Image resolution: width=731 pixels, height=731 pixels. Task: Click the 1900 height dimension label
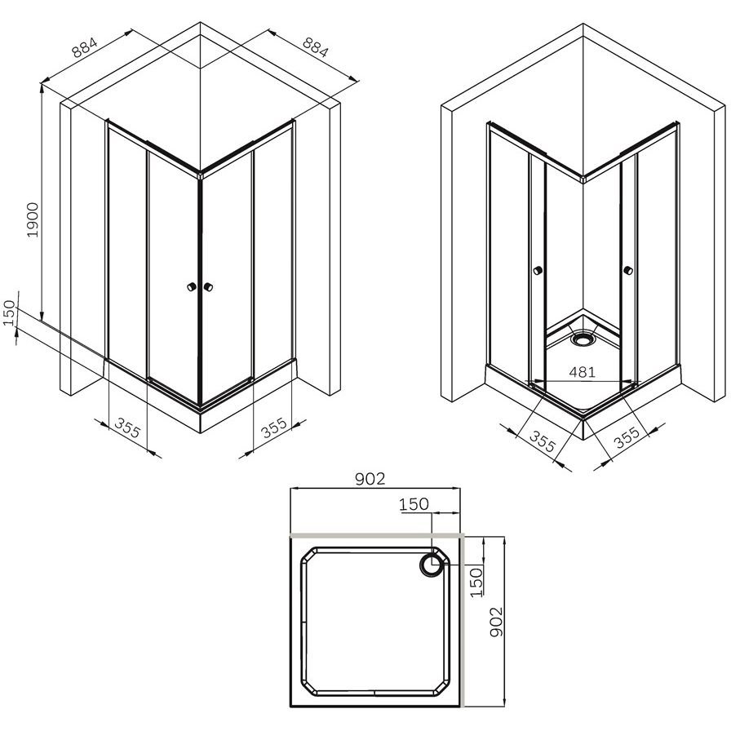click(x=33, y=220)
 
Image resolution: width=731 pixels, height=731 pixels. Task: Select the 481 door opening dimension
click(x=583, y=372)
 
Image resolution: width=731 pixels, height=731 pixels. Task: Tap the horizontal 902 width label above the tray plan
click(x=370, y=479)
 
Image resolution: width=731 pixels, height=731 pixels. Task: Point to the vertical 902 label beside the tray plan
click(x=497, y=622)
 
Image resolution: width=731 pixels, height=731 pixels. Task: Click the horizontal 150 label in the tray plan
click(x=414, y=504)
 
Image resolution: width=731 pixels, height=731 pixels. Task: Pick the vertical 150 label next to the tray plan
click(x=476, y=583)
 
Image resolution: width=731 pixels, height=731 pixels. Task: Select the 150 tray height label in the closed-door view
click(x=9, y=312)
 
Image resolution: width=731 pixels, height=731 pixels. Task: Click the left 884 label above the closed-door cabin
click(x=84, y=47)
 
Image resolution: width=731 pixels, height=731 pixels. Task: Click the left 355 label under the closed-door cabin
click(x=127, y=428)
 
